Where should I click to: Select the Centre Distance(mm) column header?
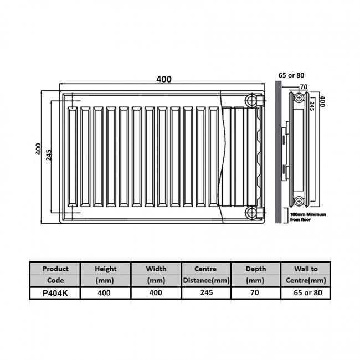[x=206, y=275]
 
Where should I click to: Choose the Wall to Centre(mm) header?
[x=306, y=275]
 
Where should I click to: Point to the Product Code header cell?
[x=55, y=275]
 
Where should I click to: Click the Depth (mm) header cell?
[x=256, y=275]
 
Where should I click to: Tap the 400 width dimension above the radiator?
[x=164, y=79]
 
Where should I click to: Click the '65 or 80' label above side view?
[x=291, y=75]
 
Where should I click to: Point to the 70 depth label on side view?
[x=303, y=87]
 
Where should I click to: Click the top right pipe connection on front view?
[x=253, y=100]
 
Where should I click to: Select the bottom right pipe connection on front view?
[x=253, y=212]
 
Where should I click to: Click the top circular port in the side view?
[x=299, y=98]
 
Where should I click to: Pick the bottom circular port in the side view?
[x=299, y=200]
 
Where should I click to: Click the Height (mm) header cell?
[x=106, y=275]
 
